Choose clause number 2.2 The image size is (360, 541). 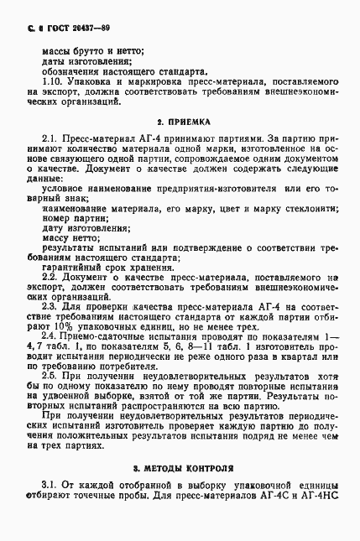pyautogui.click(x=50, y=276)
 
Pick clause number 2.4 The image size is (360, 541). pyautogui.click(x=50, y=335)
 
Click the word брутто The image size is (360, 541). pyautogui.click(x=90, y=50)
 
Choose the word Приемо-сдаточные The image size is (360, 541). pyautogui.click(x=107, y=335)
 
